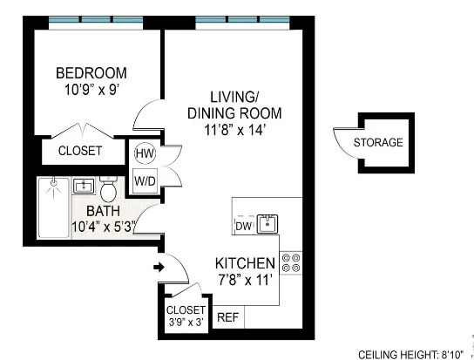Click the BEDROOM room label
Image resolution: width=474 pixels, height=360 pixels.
click(91, 72)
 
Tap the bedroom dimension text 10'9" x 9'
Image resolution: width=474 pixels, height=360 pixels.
click(91, 89)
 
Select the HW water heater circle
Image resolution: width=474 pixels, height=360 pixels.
click(144, 153)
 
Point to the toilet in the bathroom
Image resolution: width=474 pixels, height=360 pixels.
click(109, 189)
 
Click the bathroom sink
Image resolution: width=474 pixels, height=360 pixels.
click(85, 185)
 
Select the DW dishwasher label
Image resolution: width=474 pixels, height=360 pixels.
click(243, 227)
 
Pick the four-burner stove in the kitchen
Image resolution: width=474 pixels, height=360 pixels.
click(292, 262)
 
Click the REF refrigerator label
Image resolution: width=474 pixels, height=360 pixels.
click(227, 317)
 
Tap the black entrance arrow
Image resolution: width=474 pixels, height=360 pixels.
click(158, 267)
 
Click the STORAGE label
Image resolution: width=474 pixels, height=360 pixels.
click(378, 143)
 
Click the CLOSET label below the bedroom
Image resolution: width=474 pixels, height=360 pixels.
click(80, 151)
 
